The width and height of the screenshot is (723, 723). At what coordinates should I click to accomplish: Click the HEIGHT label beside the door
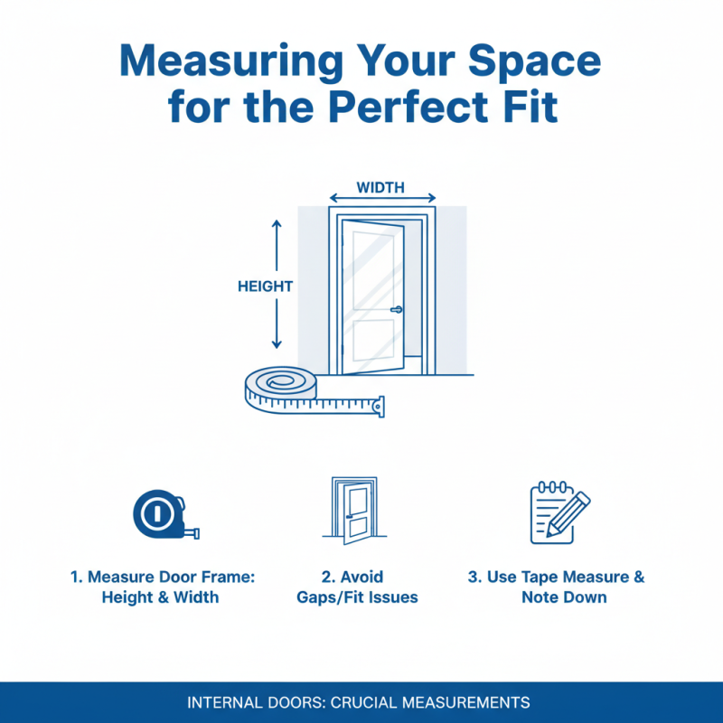pyautogui.click(x=265, y=286)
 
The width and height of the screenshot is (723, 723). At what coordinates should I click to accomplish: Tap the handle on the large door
pyautogui.click(x=396, y=310)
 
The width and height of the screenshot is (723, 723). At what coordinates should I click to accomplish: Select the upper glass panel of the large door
pyautogui.click(x=372, y=269)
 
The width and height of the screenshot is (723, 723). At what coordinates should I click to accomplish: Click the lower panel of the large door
pyautogui.click(x=372, y=340)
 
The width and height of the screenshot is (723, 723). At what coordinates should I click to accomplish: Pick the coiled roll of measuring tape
pyautogui.click(x=281, y=387)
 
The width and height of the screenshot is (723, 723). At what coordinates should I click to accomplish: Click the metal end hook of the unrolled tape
pyautogui.click(x=379, y=407)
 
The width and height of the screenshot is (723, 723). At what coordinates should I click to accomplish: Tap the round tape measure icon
pyautogui.click(x=159, y=513)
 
